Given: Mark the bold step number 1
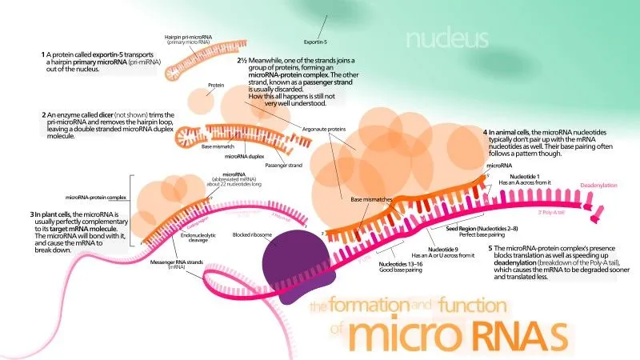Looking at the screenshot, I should coord(43,55).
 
